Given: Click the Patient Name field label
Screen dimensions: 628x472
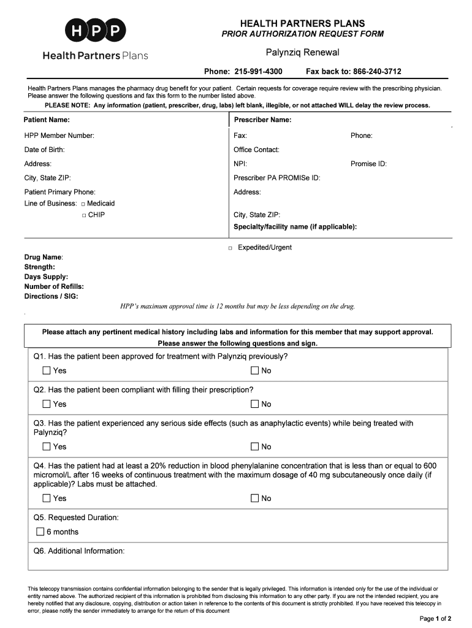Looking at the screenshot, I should click(x=47, y=120).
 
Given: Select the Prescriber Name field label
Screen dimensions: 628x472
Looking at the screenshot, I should click(x=262, y=120).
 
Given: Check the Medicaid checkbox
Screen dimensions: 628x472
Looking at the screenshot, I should click(x=83, y=204).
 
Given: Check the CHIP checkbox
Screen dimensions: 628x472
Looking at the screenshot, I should click(x=83, y=215).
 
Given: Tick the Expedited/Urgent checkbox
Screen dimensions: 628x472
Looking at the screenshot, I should click(x=230, y=248).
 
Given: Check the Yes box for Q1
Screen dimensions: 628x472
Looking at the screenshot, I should click(x=47, y=370).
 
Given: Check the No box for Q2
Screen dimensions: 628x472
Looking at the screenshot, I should click(x=255, y=404).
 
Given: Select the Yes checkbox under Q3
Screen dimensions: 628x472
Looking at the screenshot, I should click(x=47, y=446).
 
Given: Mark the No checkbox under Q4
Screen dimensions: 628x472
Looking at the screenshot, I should click(x=255, y=499).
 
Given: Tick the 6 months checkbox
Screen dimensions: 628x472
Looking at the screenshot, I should click(x=40, y=532).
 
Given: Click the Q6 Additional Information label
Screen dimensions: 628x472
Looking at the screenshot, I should click(x=79, y=551).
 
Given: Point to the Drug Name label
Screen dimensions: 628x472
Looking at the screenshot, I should click(x=44, y=258).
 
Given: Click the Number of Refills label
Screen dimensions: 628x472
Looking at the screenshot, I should click(x=54, y=286).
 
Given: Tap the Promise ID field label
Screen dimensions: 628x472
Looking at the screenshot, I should click(x=368, y=164).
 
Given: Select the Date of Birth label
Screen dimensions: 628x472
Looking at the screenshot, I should click(x=44, y=150).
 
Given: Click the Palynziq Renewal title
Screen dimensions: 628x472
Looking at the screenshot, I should click(x=302, y=53).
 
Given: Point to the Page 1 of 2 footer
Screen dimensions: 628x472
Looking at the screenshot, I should click(x=435, y=618).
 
